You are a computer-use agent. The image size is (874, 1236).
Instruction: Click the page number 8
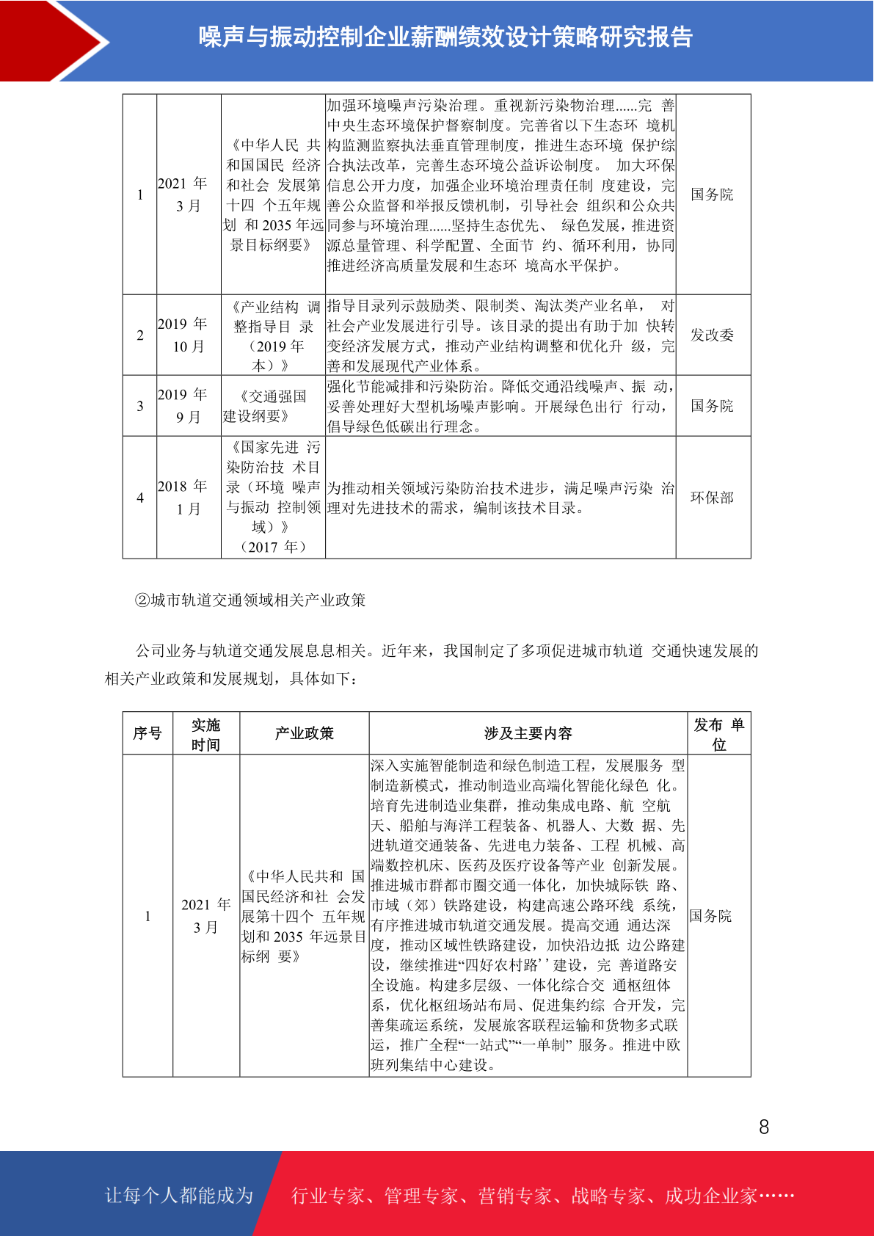coord(764,1127)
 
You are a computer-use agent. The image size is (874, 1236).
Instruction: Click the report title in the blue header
coord(445,37)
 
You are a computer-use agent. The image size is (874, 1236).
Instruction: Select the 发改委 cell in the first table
coord(712,335)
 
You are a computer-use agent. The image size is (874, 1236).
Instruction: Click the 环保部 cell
coord(712,497)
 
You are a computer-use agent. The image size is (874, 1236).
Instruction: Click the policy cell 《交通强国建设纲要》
coord(273,406)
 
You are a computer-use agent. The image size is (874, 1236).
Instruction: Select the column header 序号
coord(148,733)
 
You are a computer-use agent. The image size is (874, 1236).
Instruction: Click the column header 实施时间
coord(205,734)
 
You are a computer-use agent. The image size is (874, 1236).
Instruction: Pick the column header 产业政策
coord(304,733)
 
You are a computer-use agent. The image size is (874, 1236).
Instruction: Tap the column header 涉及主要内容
coord(528,733)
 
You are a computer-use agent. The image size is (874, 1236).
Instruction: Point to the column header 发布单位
coord(718,734)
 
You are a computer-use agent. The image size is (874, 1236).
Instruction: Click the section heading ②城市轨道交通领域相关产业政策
coord(250,600)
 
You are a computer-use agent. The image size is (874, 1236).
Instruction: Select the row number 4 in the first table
coord(140,498)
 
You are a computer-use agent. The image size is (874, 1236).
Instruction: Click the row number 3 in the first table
coord(140,406)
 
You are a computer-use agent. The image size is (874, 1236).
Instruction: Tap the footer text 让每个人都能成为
coord(179,1195)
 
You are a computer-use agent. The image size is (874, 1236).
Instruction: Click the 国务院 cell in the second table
coord(710,916)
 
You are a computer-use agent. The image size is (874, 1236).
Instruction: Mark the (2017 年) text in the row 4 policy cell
coord(273,547)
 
